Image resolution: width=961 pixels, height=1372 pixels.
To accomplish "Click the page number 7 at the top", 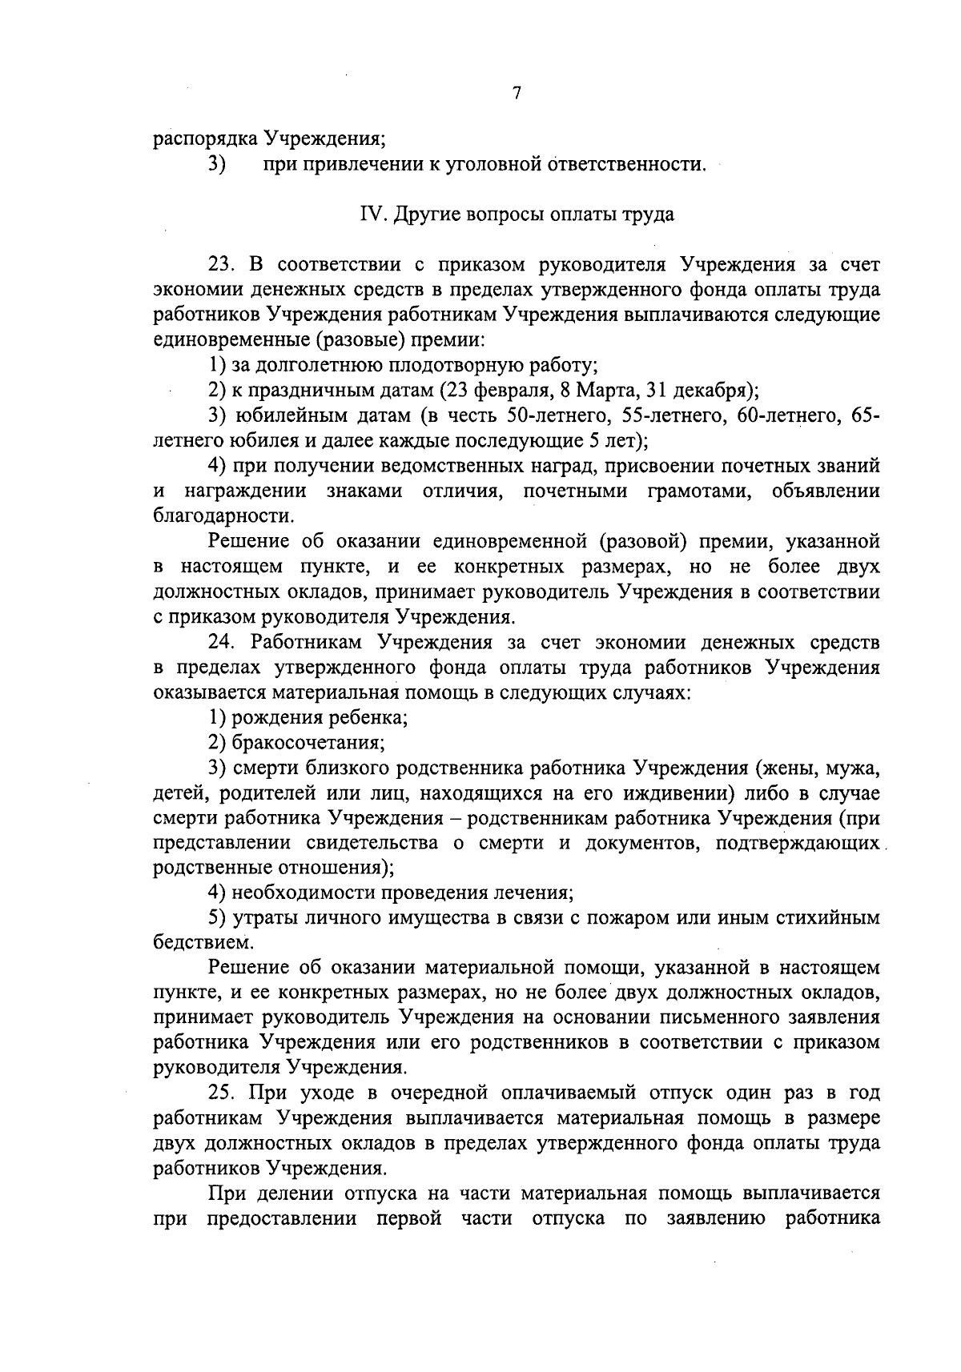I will (517, 94).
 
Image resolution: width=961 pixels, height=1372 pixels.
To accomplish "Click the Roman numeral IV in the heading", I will (369, 215).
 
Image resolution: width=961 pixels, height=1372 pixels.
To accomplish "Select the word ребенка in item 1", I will (372, 716).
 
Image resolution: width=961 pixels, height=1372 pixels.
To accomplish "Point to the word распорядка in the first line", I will (205, 139).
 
